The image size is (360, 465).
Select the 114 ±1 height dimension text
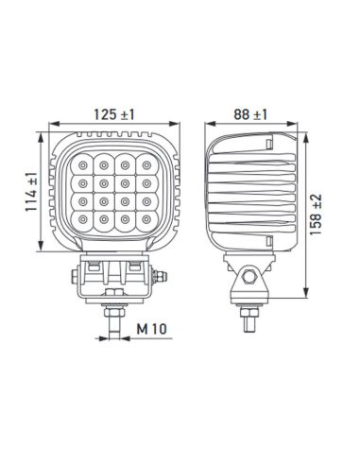pos(31,193)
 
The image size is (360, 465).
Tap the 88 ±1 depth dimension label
pos(249,114)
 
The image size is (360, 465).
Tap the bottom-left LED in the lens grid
pos(85,219)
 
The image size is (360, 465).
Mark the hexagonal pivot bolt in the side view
pos(249,278)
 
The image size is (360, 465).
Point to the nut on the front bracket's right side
pos(164,276)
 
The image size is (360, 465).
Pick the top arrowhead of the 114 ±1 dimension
pos(40,133)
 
